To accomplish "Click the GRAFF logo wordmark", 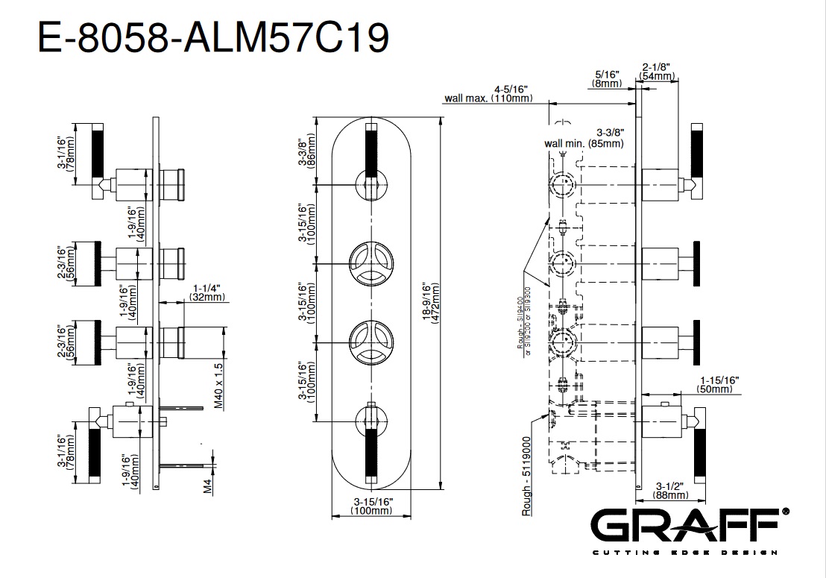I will tap(690, 526).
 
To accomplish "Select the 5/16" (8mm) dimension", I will tap(608, 80).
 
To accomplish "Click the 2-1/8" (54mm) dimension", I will tap(658, 72).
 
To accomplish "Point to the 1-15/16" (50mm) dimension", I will tap(718, 385).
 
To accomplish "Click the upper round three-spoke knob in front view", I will tap(370, 263).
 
